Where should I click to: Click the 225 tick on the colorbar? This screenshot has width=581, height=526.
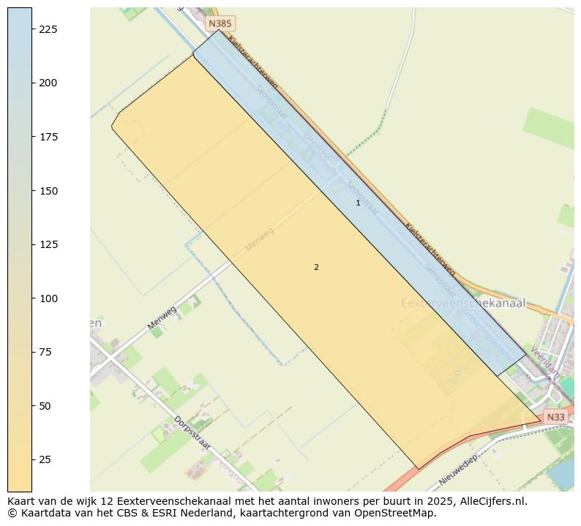pyautogui.click(x=48, y=29)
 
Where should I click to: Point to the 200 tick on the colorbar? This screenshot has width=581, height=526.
pyautogui.click(x=48, y=83)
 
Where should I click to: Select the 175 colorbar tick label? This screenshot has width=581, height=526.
pyautogui.click(x=48, y=138)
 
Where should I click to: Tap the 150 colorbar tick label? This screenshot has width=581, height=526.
pyautogui.click(x=48, y=191)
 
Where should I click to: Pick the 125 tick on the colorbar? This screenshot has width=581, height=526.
pyautogui.click(x=48, y=245)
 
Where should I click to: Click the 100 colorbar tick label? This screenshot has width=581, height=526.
pyautogui.click(x=48, y=298)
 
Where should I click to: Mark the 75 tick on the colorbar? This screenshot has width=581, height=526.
pyautogui.click(x=45, y=353)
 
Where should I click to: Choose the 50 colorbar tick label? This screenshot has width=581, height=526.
pyautogui.click(x=45, y=406)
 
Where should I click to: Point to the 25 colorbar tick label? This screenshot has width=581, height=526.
pyautogui.click(x=45, y=459)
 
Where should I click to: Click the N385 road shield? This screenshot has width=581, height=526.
pyautogui.click(x=220, y=23)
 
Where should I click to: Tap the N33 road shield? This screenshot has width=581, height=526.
pyautogui.click(x=555, y=417)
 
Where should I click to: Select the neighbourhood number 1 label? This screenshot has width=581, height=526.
pyautogui.click(x=358, y=203)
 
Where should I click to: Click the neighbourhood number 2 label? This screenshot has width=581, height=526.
pyautogui.click(x=316, y=268)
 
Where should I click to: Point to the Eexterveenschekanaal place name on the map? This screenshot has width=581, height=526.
pyautogui.click(x=463, y=303)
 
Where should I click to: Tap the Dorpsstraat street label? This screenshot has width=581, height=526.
pyautogui.click(x=192, y=433)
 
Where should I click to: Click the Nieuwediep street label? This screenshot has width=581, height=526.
pyautogui.click(x=458, y=470)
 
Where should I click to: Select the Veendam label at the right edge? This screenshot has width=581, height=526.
pyautogui.click(x=544, y=361)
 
